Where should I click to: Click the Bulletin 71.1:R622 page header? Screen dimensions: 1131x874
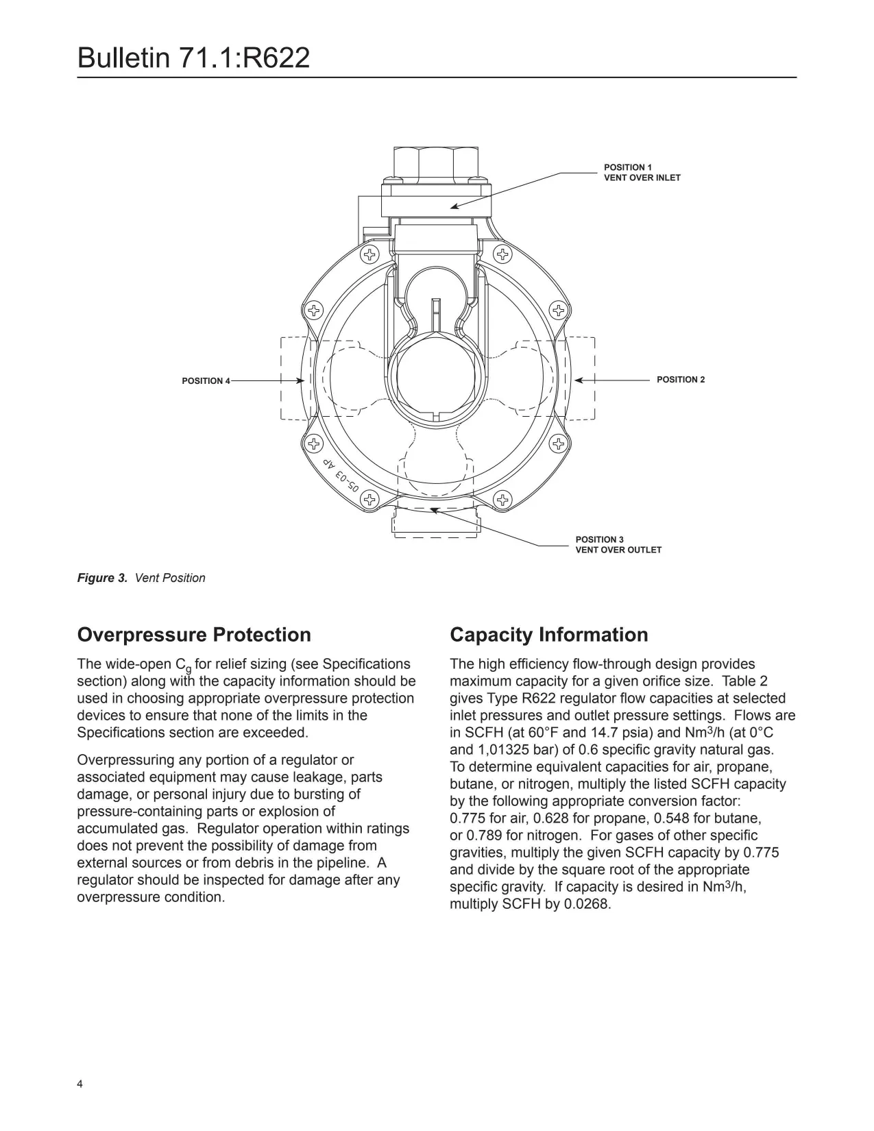click(x=193, y=58)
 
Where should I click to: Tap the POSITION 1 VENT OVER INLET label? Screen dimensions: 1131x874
click(x=642, y=172)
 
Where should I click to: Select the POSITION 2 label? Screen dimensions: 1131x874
click(x=680, y=380)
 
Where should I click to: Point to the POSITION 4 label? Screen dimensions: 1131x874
click(x=206, y=381)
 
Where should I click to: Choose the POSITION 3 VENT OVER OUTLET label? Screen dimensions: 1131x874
click(x=618, y=544)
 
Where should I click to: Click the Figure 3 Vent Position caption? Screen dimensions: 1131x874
click(x=141, y=578)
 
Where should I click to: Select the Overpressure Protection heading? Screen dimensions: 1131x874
click(x=194, y=635)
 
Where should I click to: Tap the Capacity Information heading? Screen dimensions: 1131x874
click(x=548, y=635)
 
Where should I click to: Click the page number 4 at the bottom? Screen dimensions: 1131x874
click(x=80, y=1084)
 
